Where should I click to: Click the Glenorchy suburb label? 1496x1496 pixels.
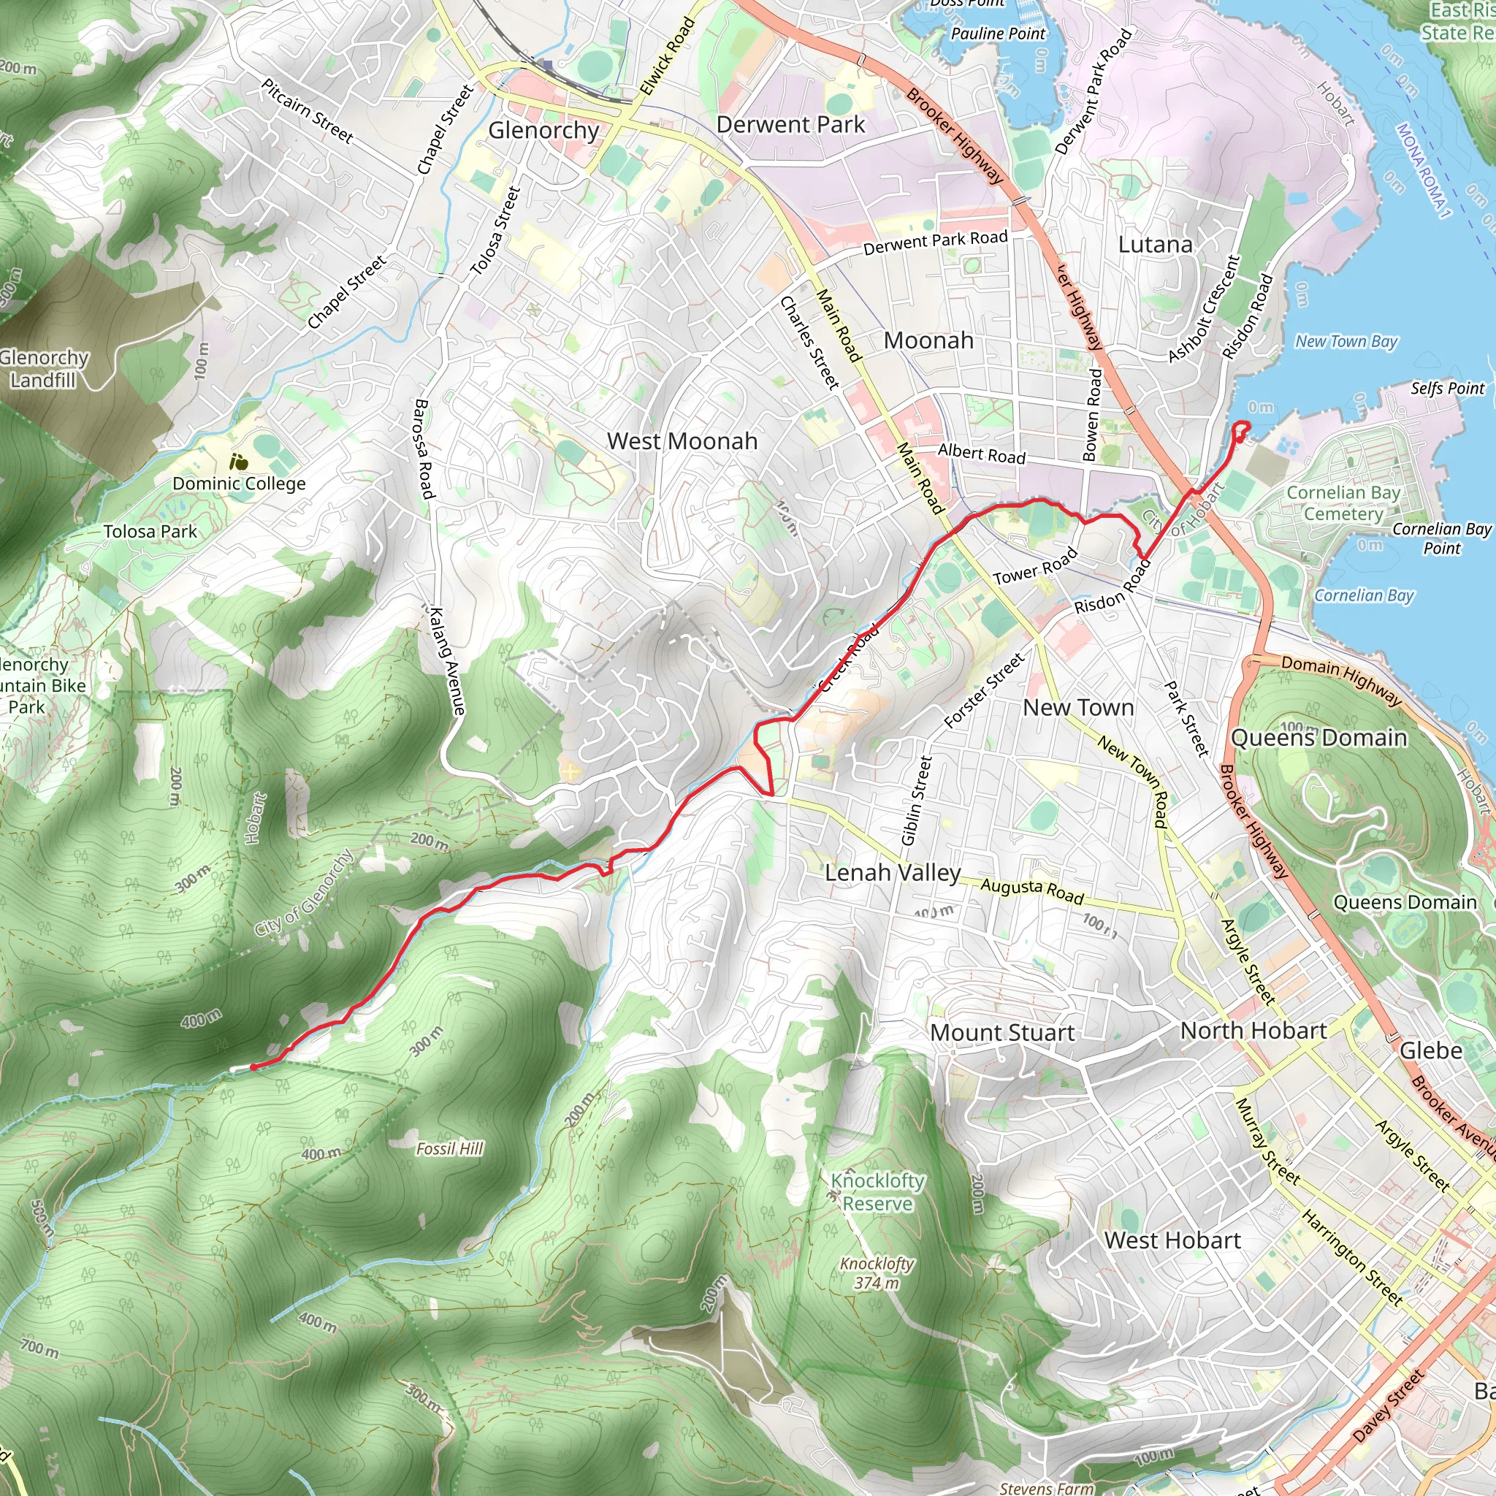pos(543,130)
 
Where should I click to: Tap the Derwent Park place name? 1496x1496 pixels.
pos(790,125)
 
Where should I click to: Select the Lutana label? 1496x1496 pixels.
pos(1155,245)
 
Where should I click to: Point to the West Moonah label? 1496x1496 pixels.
pos(682,441)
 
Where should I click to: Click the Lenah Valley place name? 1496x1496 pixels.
pos(892,873)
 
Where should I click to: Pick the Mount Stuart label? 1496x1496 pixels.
pos(1002,1032)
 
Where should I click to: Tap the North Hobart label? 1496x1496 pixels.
pos(1253,1030)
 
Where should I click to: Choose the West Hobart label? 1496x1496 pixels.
pos(1172,1240)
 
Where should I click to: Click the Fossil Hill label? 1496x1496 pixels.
pos(449,1148)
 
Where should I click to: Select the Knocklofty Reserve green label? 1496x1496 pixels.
pos(877,1191)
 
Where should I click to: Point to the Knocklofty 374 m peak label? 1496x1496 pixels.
pos(877,1273)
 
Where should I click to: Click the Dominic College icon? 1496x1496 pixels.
pos(238,462)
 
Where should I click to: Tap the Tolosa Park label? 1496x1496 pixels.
pos(150,531)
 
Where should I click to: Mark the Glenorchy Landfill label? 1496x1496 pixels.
pos(43,369)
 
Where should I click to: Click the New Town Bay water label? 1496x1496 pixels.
pos(1346,340)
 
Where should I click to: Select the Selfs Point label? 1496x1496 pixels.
pos(1446,388)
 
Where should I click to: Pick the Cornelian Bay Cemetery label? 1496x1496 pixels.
pos(1343,503)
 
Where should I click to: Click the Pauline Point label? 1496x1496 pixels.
pos(997,34)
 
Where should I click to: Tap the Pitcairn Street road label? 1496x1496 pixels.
pos(307,111)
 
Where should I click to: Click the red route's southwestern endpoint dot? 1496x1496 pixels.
pos(253,1067)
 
